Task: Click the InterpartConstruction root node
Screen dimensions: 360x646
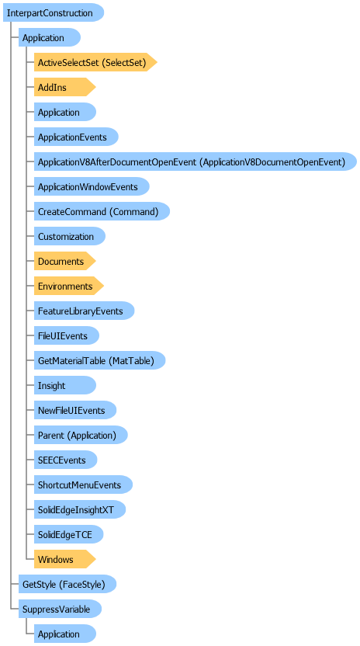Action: (x=53, y=12)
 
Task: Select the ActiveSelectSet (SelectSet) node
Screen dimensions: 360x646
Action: (x=95, y=62)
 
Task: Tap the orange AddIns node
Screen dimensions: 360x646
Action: (x=64, y=87)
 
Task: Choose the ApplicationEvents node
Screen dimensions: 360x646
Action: (x=76, y=137)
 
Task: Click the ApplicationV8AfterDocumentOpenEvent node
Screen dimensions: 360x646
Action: (x=196, y=162)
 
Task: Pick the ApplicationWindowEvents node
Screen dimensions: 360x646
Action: (x=92, y=186)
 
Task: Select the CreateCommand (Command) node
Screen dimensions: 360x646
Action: (x=102, y=211)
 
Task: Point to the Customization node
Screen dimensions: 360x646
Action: (x=70, y=236)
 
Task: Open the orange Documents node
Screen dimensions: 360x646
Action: (x=64, y=261)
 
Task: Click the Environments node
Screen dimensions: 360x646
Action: (x=69, y=286)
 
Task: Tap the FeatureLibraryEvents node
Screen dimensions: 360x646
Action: (x=84, y=311)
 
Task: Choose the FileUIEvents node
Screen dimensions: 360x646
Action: (x=66, y=335)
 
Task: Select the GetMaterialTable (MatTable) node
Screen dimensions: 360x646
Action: (x=99, y=360)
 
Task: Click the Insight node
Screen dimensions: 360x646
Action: (x=64, y=385)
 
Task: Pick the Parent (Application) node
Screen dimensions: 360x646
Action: (x=81, y=435)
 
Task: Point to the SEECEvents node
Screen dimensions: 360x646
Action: (x=65, y=460)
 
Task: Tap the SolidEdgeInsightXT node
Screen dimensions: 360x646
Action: (x=79, y=509)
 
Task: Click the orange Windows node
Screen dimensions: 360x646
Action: (x=64, y=559)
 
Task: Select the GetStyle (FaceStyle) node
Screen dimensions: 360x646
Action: (x=67, y=584)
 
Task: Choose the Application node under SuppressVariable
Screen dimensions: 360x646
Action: (x=64, y=634)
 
